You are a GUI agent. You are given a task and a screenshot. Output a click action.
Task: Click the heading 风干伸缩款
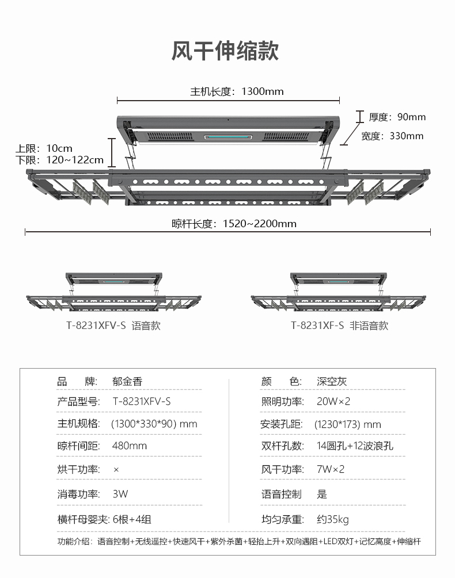pos(225,51)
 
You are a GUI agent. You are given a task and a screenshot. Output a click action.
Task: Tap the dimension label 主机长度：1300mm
pos(237,91)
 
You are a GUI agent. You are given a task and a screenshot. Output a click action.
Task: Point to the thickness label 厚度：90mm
pos(397,117)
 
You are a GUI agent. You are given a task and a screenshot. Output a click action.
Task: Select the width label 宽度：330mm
pos(392,136)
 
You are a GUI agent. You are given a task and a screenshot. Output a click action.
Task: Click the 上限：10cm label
pos(44,148)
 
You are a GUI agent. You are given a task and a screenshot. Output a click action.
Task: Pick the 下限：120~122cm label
pos(59,160)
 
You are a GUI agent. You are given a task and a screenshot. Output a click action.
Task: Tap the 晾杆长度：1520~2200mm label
pos(234,224)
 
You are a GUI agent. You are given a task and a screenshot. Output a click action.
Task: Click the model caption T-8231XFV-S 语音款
pos(113,326)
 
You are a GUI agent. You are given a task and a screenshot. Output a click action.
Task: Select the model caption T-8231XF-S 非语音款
pos(339,326)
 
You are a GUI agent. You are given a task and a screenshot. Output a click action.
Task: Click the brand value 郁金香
pos(127,381)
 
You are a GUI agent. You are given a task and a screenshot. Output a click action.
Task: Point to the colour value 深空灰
pos(332,381)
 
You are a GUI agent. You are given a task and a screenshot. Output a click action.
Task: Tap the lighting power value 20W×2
pos(333,401)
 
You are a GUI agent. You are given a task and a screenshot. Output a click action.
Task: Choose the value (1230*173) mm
pos(348,424)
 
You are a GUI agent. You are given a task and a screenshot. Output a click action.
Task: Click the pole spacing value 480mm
pos(130,446)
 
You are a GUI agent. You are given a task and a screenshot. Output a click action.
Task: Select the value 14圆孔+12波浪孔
pos(355,446)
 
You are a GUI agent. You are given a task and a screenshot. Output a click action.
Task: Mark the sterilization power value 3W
pos(120,493)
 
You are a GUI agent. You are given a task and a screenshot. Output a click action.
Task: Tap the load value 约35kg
pos(333,519)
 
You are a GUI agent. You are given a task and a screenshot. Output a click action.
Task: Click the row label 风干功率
pos(282,469)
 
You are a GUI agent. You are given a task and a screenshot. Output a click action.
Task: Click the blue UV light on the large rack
pos(223,138)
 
